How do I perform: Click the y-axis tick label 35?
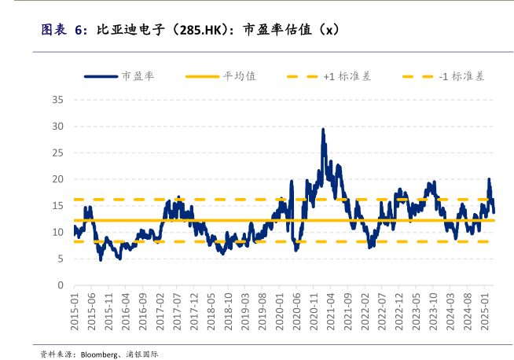tap(57, 100)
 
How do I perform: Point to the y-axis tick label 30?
tap(57, 127)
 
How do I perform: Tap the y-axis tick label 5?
tap(60, 259)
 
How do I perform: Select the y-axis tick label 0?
tap(60, 285)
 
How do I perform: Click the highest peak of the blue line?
tap(323, 130)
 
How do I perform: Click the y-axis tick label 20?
tap(57, 179)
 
